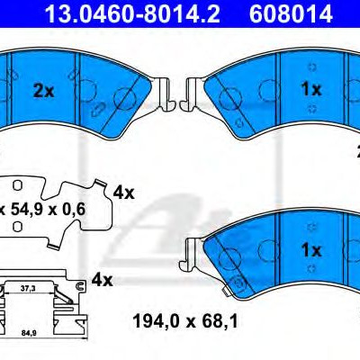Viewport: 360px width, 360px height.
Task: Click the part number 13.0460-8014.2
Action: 132,13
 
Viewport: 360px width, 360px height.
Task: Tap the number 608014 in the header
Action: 291,13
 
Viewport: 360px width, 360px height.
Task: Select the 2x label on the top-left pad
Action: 44,91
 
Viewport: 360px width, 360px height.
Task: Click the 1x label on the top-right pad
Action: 311,89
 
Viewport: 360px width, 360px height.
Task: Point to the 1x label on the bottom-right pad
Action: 311,249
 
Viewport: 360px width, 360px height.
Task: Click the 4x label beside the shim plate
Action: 123,193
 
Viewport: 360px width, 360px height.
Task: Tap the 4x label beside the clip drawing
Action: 102,280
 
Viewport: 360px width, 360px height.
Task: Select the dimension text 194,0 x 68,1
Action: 185,321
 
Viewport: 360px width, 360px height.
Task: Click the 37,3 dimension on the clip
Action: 28,288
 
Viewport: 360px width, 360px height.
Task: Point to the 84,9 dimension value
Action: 29,333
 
